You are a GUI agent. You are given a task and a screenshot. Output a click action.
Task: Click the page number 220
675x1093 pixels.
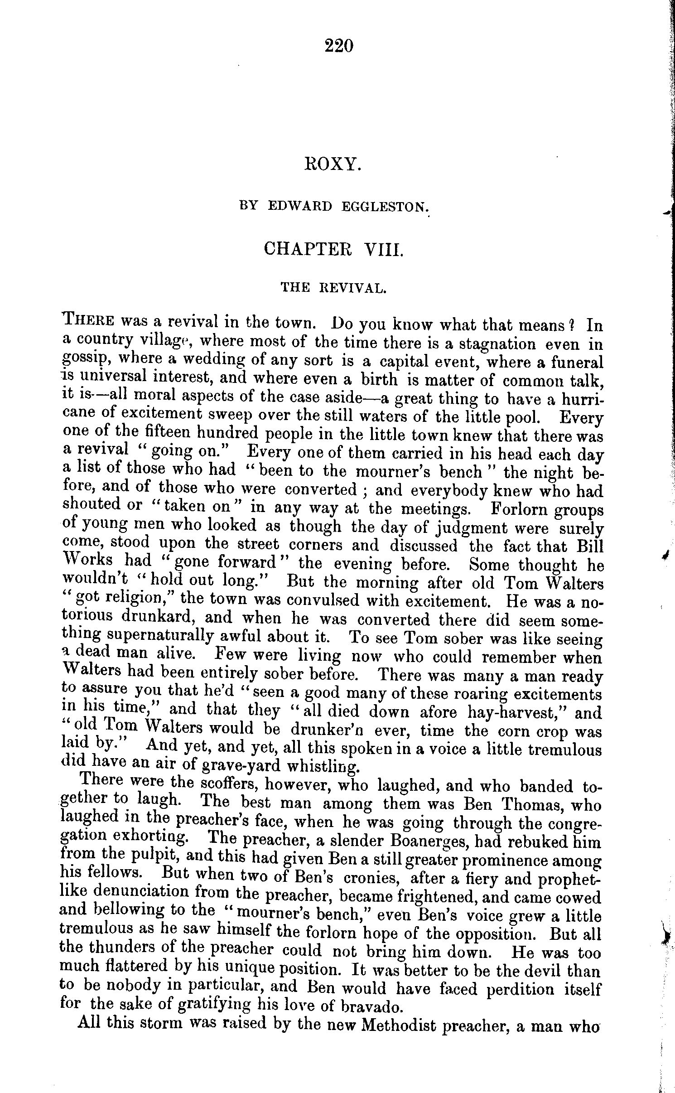click(x=338, y=46)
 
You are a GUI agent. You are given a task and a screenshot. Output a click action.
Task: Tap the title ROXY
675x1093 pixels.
click(x=333, y=164)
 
